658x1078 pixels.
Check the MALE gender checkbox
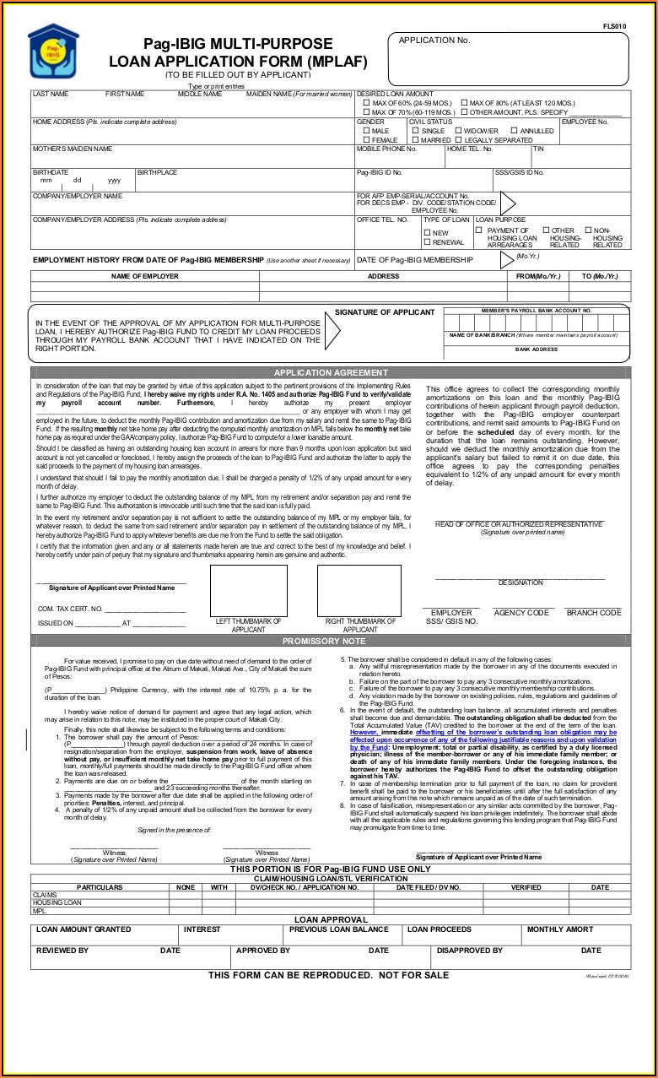[x=366, y=131]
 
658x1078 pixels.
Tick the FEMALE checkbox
[x=366, y=140]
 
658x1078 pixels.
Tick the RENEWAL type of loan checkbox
[x=428, y=242]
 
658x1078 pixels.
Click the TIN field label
[x=538, y=149]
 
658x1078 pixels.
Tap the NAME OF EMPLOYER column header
[x=145, y=276]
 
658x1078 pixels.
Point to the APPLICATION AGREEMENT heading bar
[x=331, y=372]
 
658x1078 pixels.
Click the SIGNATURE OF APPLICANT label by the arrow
[x=385, y=313]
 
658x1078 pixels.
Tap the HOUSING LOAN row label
[x=57, y=902]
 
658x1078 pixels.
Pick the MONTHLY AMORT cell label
[x=560, y=929]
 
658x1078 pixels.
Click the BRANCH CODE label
[x=593, y=613]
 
